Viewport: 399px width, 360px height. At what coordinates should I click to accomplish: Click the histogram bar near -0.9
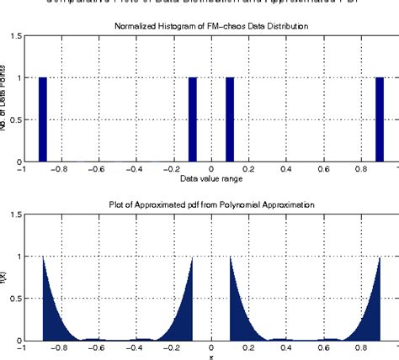pyautogui.click(x=43, y=119)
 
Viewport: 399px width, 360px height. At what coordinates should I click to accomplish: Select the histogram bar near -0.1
pyautogui.click(x=193, y=119)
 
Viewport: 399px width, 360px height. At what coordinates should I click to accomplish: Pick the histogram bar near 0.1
pyautogui.click(x=230, y=119)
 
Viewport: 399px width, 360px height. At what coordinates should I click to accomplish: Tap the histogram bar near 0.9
pyautogui.click(x=380, y=119)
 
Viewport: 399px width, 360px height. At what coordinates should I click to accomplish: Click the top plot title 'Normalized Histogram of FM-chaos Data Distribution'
pyautogui.click(x=210, y=27)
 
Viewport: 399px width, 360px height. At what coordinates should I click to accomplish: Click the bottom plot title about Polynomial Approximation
pyautogui.click(x=210, y=204)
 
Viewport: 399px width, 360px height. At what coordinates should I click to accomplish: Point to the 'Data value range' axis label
pyautogui.click(x=210, y=180)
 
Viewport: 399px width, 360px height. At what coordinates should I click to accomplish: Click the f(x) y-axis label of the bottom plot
pyautogui.click(x=8, y=278)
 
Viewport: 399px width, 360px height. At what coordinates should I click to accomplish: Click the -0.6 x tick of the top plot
pyautogui.click(x=98, y=170)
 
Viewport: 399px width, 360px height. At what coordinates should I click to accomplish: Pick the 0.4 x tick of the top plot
pyautogui.click(x=287, y=170)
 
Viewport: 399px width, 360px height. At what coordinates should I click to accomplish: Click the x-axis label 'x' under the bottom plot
pyautogui.click(x=210, y=357)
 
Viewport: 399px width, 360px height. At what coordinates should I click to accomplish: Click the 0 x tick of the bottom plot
pyautogui.click(x=211, y=348)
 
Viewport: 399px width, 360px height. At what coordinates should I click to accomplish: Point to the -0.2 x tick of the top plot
pyautogui.click(x=173, y=170)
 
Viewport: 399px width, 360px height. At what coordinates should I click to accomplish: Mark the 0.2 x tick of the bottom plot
pyautogui.click(x=249, y=348)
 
